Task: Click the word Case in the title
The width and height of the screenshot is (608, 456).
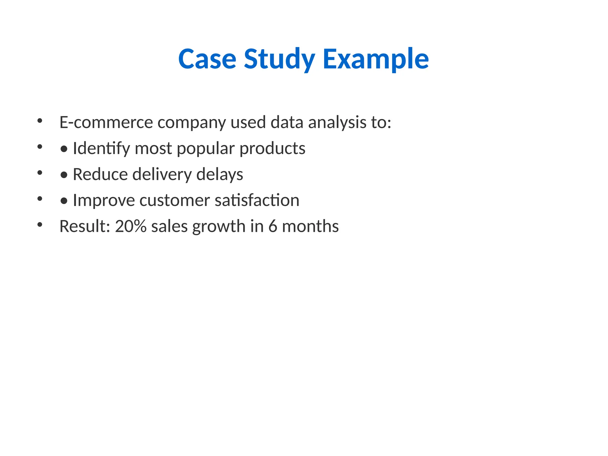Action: (207, 59)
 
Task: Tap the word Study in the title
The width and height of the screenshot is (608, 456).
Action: (279, 59)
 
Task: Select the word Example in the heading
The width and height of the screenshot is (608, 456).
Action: (376, 59)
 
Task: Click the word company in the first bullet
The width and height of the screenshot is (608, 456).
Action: (191, 122)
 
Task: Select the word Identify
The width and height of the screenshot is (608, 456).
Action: (101, 148)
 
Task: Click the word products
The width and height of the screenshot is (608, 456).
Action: (272, 148)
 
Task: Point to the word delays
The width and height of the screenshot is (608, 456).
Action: (220, 174)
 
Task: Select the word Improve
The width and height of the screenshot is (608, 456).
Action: (104, 200)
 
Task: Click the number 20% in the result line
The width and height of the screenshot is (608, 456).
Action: (131, 226)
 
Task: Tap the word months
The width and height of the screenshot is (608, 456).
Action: (310, 226)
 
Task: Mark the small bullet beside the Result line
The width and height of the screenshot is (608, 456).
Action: (40, 225)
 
